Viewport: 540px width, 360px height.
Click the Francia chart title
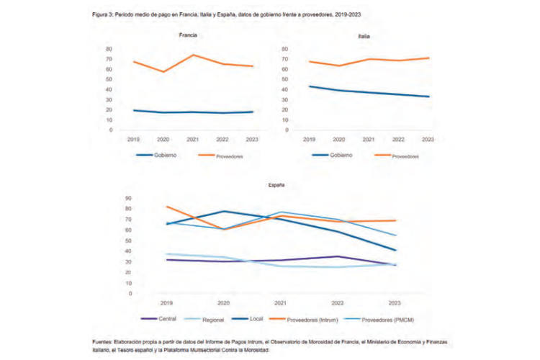189,35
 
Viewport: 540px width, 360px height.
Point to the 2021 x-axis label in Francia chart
192,139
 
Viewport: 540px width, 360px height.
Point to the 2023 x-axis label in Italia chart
427,139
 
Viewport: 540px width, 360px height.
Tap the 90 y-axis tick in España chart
128,198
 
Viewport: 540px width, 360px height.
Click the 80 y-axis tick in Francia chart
109,49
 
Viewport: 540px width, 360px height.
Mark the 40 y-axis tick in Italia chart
286,89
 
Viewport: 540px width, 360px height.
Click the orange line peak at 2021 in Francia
192,55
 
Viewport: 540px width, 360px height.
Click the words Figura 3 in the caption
102,13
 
